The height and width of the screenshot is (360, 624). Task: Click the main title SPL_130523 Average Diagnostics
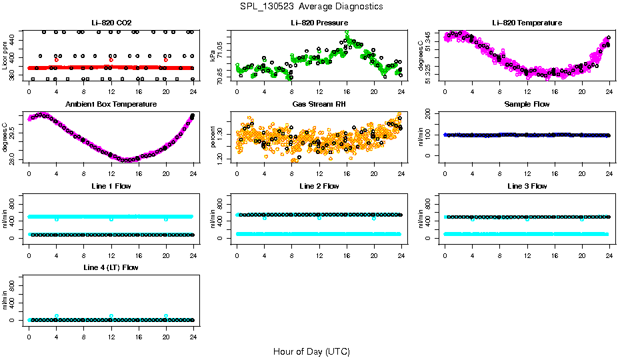coord(312,6)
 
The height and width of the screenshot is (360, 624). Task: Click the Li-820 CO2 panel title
coord(111,23)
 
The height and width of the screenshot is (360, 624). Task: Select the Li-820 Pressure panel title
coord(319,23)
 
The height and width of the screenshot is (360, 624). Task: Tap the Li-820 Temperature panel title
coord(527,23)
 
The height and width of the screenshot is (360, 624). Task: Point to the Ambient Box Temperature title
coord(111,105)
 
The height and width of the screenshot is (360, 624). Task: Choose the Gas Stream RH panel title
coord(319,105)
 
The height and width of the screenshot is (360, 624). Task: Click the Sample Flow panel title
coord(527,105)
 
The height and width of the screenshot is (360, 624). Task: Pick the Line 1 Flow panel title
coord(111,186)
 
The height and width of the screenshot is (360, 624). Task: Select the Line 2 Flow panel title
coord(319,186)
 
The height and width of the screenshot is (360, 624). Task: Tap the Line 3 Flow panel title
coord(527,186)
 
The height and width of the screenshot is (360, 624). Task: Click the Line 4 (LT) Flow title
coord(111,267)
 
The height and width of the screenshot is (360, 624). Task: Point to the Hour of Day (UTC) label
coord(311,351)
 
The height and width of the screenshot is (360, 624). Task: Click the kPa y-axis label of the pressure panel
coord(213,55)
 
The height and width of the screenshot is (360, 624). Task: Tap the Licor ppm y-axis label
coord(5,55)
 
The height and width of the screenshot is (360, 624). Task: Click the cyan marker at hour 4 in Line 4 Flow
coord(57,316)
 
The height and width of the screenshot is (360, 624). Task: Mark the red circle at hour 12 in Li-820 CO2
coord(111,60)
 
